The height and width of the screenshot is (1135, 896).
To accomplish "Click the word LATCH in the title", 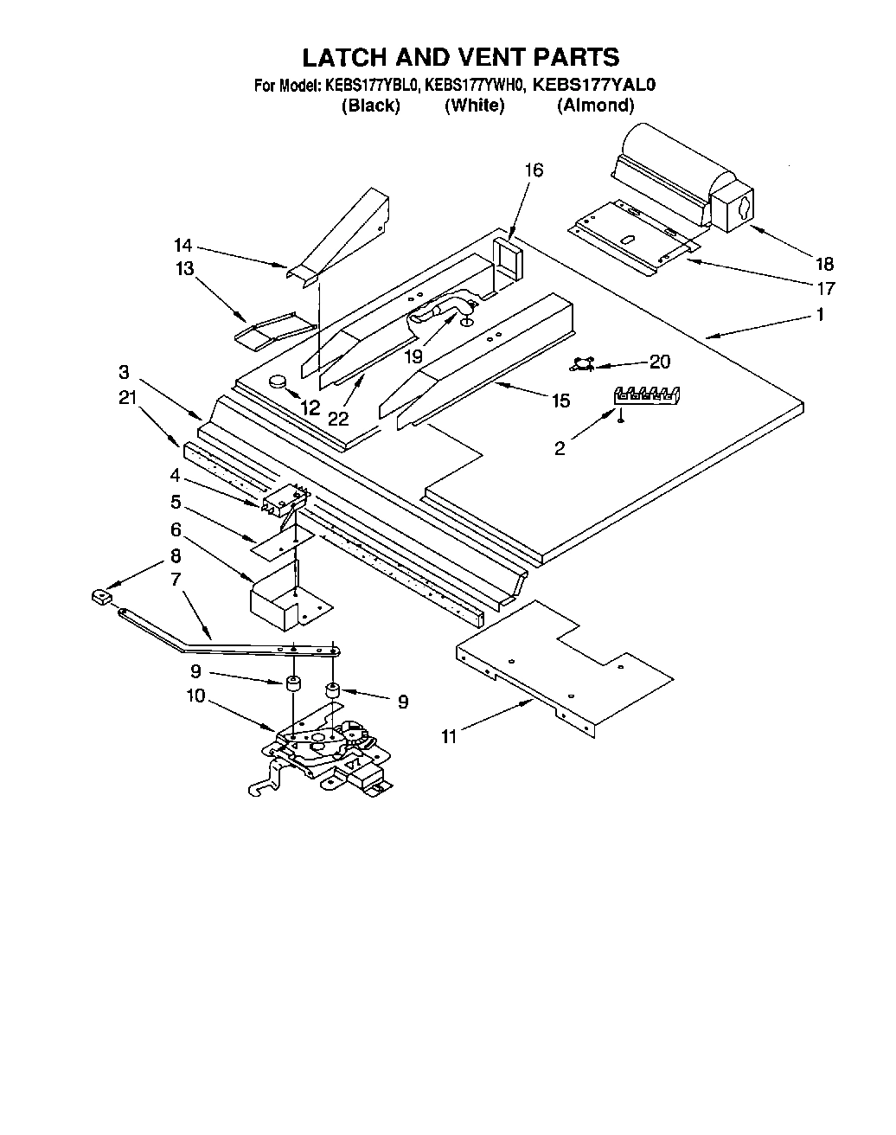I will pyautogui.click(x=343, y=57).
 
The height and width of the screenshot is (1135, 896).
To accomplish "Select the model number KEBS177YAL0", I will pyautogui.click(x=594, y=85).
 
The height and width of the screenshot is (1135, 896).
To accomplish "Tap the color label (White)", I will pyautogui.click(x=474, y=106).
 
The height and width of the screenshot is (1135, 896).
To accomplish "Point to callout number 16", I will pyautogui.click(x=534, y=170).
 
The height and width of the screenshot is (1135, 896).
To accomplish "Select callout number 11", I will pyautogui.click(x=448, y=736).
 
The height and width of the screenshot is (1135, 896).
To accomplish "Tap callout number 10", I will pyautogui.click(x=195, y=695).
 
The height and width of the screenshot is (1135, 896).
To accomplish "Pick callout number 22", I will pyautogui.click(x=338, y=418).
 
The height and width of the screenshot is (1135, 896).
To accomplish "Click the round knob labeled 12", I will pyautogui.click(x=278, y=380).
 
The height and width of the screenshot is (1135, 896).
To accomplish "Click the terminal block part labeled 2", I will pyautogui.click(x=646, y=394).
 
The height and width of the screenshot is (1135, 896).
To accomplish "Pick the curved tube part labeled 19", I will pyautogui.click(x=443, y=311).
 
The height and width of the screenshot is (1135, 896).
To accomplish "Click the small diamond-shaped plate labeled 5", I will pyautogui.click(x=277, y=543).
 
